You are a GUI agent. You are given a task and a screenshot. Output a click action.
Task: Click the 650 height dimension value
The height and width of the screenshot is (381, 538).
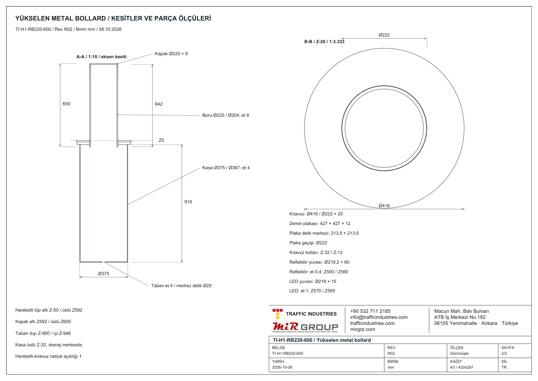pos(66,104)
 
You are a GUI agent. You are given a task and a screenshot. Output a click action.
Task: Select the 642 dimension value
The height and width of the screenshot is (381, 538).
pos(158,104)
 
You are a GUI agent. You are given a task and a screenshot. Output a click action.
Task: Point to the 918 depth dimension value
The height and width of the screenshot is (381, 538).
pos(188,202)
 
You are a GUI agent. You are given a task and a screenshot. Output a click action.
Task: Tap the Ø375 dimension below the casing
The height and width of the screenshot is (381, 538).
pos(104,274)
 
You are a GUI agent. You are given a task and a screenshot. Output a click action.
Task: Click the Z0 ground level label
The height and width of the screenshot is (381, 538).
pos(161,140)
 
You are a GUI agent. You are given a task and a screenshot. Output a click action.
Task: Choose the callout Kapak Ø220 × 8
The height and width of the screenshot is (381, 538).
pos(171,54)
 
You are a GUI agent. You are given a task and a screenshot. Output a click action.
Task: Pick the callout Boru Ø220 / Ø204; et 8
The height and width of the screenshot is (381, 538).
pos(226,115)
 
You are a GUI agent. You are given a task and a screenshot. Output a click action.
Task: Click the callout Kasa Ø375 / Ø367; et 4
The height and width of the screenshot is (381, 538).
pos(226,168)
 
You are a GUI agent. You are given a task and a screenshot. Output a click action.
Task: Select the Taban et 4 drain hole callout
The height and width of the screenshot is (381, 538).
pos(181,286)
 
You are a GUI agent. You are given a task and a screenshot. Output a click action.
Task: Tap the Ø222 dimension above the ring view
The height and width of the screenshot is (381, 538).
pos(384,35)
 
